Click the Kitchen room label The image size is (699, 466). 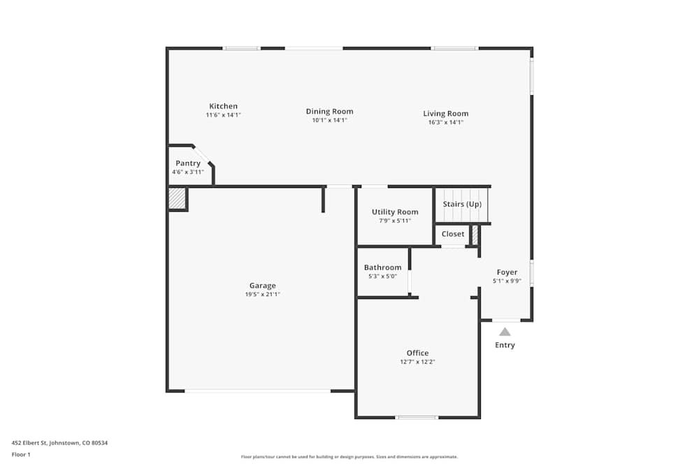(223, 106)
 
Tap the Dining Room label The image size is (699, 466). (329, 111)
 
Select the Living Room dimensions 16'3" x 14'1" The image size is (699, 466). (446, 122)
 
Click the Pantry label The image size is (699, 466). (188, 163)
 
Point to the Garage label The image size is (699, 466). (262, 285)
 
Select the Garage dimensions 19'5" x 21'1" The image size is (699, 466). (262, 295)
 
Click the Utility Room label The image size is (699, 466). (395, 212)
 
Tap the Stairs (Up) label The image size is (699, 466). (462, 204)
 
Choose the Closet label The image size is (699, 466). (453, 234)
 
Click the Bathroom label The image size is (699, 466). (382, 268)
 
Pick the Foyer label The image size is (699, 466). (507, 272)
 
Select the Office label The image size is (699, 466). (417, 353)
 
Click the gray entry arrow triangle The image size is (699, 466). (505, 332)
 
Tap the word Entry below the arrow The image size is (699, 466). (505, 345)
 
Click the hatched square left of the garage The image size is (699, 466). (177, 198)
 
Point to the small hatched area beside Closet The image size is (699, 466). (475, 235)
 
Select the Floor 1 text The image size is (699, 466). (21, 454)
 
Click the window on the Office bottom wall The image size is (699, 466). (417, 417)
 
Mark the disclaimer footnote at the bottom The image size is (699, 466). (349, 457)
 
